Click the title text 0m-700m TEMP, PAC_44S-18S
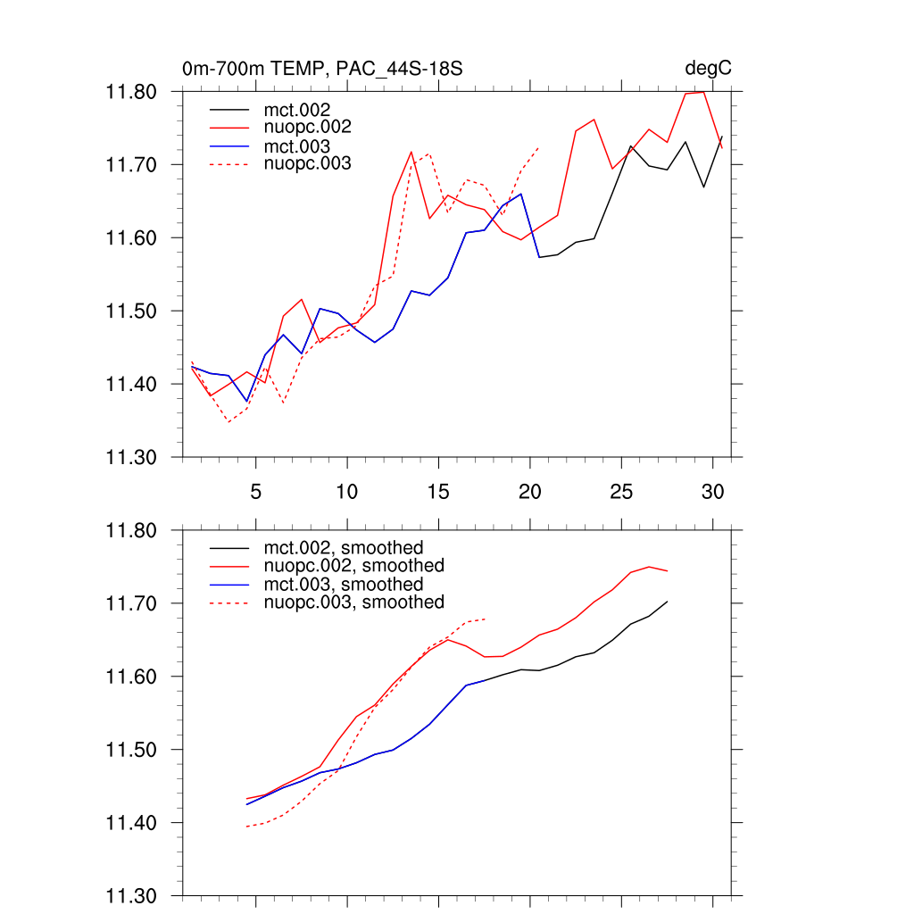pyautogui.click(x=322, y=69)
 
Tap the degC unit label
pyautogui.click(x=709, y=69)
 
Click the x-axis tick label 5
pyautogui.click(x=256, y=492)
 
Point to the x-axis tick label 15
pyautogui.click(x=438, y=492)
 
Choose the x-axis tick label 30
pyautogui.click(x=712, y=492)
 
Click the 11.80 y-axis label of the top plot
pyautogui.click(x=131, y=92)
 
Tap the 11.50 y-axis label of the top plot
pyautogui.click(x=131, y=312)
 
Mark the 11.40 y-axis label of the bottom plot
pyautogui.click(x=131, y=823)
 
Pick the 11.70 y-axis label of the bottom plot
pyautogui.click(x=131, y=603)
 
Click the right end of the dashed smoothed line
pyautogui.click(x=485, y=619)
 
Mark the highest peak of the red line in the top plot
pyautogui.click(x=703, y=92)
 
